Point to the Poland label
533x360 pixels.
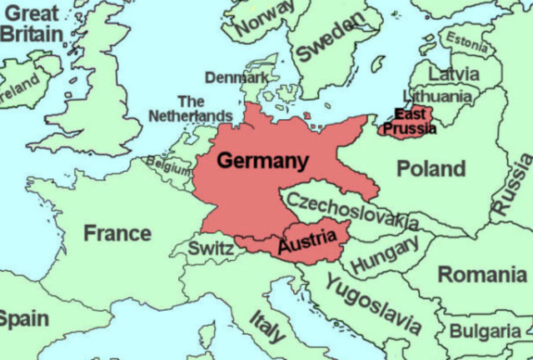pos(430,169)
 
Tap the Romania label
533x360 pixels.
pos(484,274)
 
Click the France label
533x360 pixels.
pos(117,232)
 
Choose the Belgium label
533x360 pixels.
pos(169,163)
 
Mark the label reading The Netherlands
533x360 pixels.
pos(190,108)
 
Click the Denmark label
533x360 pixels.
pos(237,77)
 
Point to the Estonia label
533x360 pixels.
pos(467,38)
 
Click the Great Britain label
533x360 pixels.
pos(31,24)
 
